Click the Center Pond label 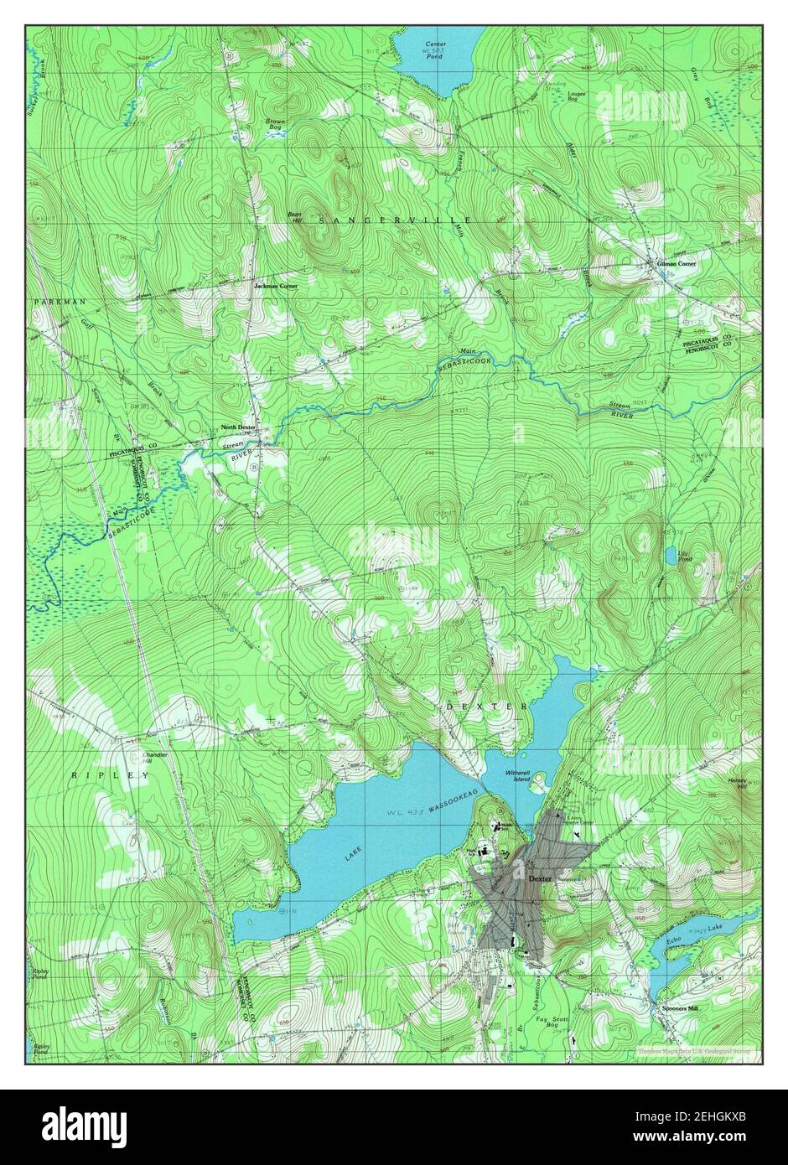434,47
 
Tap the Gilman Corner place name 677,263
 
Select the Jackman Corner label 276,286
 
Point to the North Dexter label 237,427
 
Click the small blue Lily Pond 671,554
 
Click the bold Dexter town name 541,878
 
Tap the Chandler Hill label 155,758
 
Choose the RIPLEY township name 98,776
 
